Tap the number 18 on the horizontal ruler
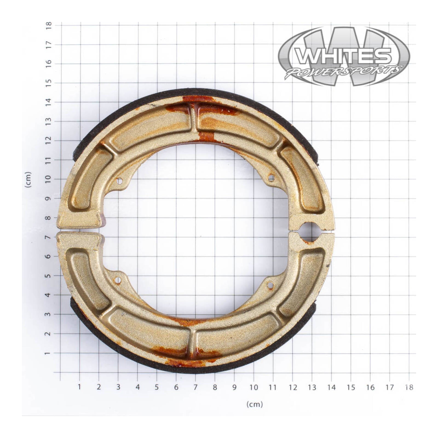409,387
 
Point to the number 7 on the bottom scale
195,387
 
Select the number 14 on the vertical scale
48,102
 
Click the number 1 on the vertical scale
48,353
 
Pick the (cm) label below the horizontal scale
254,404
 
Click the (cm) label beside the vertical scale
28,180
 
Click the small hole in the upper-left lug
119,181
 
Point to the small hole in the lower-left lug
118,280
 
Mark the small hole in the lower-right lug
270,286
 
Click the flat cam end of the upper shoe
79,220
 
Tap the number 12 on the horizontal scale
293,387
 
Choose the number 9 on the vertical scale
48,198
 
